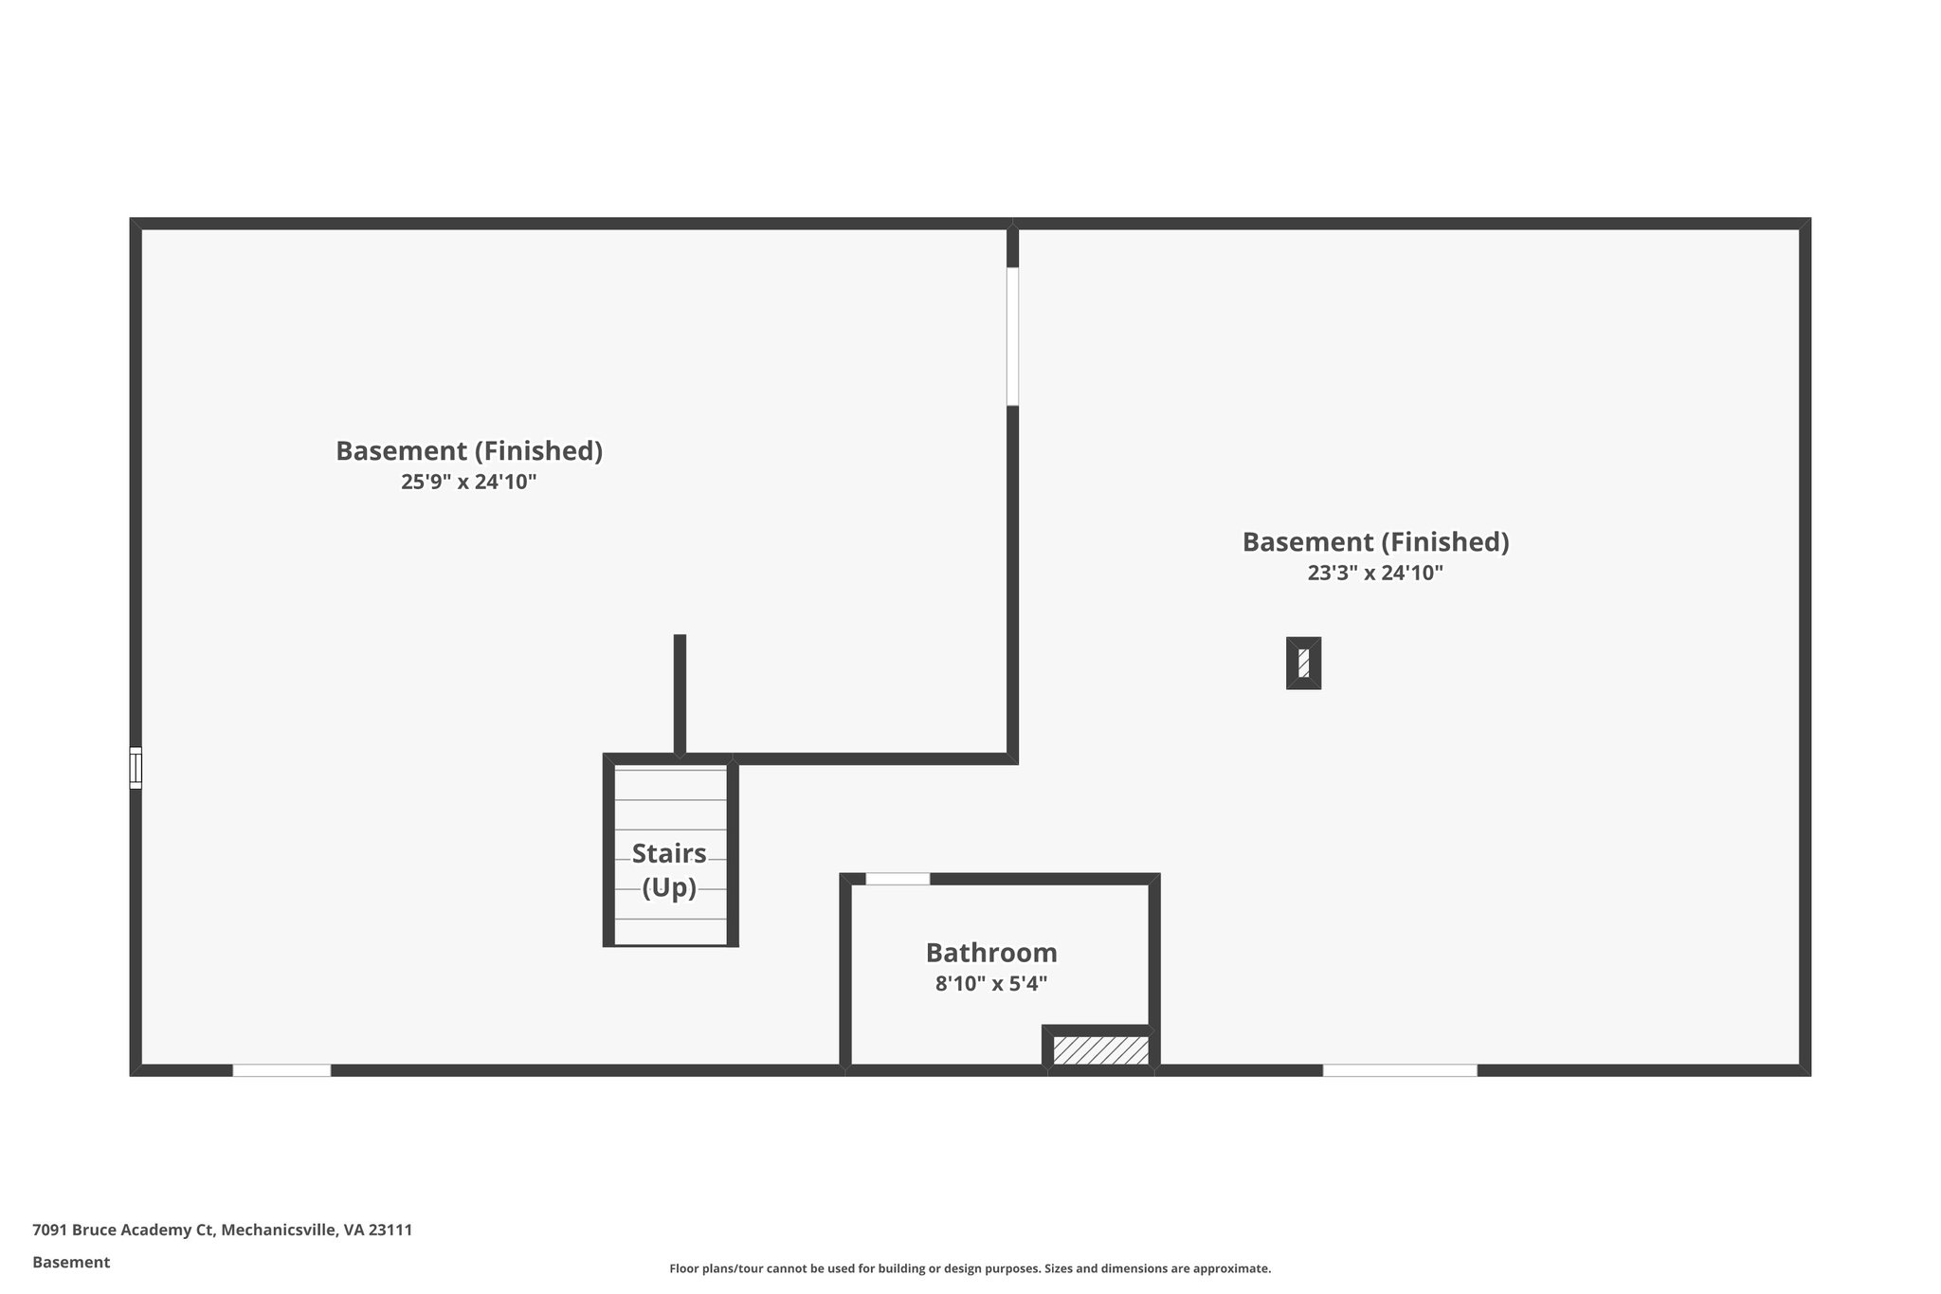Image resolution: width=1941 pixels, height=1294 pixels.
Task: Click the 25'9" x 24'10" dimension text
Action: tap(468, 482)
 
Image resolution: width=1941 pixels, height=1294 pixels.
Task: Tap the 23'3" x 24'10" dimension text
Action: tap(1374, 573)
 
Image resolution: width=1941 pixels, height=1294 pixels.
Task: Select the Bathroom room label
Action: tap(991, 952)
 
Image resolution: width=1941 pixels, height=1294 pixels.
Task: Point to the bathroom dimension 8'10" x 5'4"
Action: tap(991, 984)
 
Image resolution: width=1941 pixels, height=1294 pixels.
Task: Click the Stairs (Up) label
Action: tap(669, 870)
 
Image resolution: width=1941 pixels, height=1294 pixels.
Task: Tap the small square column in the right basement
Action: tap(1303, 663)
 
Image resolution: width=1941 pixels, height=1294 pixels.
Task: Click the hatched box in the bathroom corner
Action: tap(1100, 1049)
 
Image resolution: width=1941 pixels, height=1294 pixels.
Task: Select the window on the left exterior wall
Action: tap(136, 768)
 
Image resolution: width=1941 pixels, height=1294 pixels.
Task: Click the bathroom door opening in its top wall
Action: tap(898, 879)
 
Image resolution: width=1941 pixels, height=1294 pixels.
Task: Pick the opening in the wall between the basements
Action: tap(1012, 337)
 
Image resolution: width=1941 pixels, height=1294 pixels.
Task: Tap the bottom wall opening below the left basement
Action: tap(281, 1070)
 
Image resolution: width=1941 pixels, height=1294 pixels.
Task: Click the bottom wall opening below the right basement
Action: tap(1399, 1070)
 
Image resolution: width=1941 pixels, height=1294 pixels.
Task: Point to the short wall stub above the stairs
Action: tap(680, 694)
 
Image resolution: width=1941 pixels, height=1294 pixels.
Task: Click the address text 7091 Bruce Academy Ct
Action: tap(123, 1230)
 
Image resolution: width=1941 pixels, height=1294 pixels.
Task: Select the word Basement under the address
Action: tap(71, 1262)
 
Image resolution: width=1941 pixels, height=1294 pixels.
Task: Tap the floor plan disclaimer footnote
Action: tap(970, 1268)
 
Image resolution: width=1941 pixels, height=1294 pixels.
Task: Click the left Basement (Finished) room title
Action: tap(469, 450)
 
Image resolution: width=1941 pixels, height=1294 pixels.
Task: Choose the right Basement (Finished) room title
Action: tap(1375, 541)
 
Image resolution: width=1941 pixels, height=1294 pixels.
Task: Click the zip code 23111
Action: tap(390, 1230)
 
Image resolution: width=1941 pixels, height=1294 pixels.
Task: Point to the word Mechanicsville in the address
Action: tap(279, 1230)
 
